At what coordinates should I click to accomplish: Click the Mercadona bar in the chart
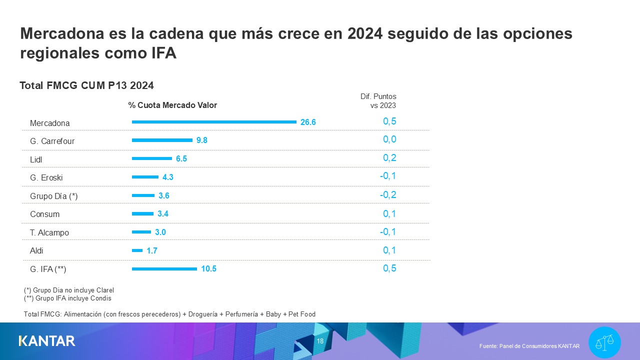point(214,122)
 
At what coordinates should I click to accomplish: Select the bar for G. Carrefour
point(162,140)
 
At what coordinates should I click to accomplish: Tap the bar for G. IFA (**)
point(164,269)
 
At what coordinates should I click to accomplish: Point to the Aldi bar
point(137,250)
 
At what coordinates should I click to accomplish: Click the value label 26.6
point(308,122)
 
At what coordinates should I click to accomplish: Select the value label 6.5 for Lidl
point(181,159)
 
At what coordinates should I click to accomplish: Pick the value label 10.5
point(208,269)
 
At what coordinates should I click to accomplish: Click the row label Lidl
point(36,159)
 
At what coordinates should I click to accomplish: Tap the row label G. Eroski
point(46,177)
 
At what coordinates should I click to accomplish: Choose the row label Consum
point(44,214)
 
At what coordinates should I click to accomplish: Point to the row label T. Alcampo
point(49,232)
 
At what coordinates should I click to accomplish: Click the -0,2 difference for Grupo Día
point(387,194)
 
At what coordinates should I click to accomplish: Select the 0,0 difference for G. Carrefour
point(389,139)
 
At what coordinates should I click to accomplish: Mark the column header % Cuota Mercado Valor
point(172,105)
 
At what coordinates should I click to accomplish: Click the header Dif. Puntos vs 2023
point(378,101)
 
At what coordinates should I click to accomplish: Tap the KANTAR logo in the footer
point(47,341)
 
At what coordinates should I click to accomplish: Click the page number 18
point(320,341)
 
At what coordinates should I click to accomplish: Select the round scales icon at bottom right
point(604,342)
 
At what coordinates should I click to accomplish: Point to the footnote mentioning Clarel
point(69,290)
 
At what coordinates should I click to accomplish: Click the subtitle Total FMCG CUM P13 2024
point(86,85)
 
